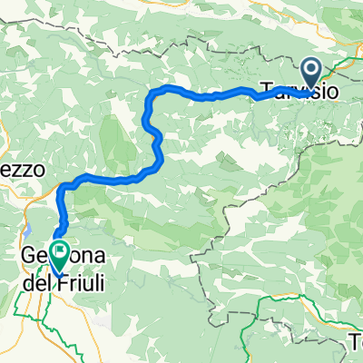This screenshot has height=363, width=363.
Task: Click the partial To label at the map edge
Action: point(354,345)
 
